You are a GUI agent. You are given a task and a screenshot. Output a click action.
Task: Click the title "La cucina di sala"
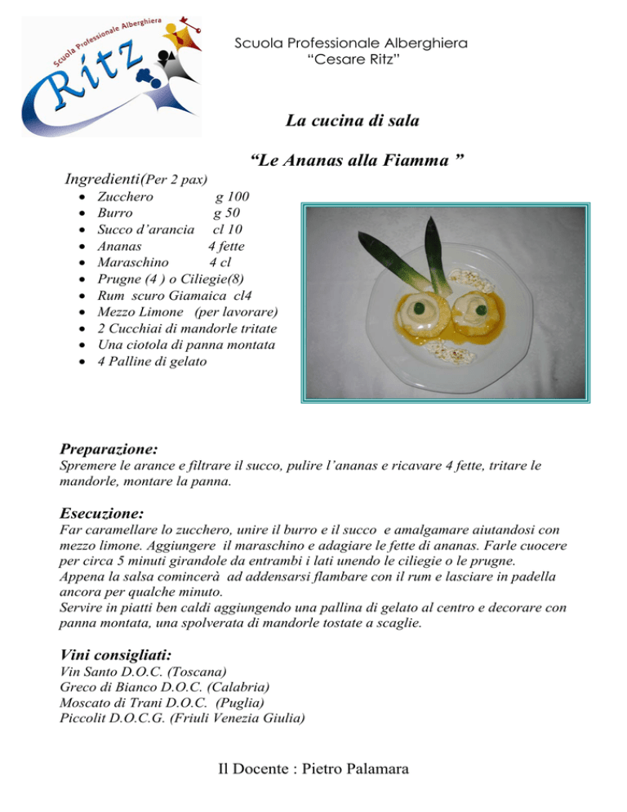[x=352, y=122]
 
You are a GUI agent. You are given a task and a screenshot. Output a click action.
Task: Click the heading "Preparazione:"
[x=109, y=448]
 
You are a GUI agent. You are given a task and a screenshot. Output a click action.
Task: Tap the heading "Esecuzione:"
[x=102, y=514]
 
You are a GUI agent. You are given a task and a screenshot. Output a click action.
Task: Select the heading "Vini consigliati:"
[x=115, y=654]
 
